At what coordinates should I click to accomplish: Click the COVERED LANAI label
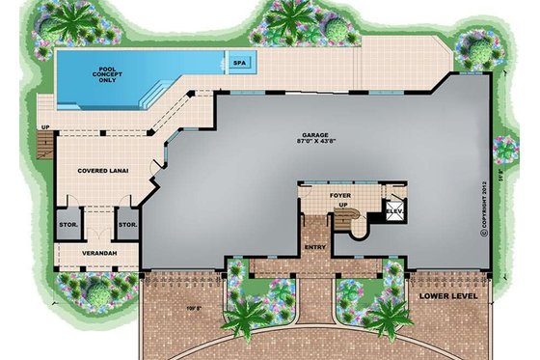104,171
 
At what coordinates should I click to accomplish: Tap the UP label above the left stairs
44,126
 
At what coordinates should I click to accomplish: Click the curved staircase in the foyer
355,220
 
